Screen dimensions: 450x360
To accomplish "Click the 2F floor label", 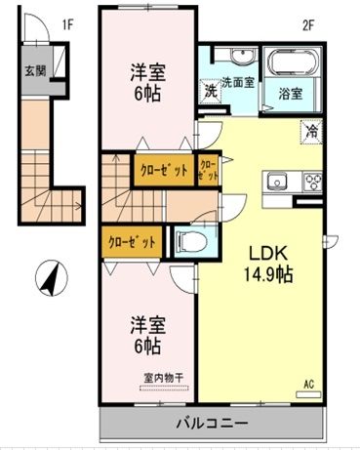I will coord(305,24).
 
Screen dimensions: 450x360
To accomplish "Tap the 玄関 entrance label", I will coord(35,71).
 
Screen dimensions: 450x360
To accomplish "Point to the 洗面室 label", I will coord(236,82).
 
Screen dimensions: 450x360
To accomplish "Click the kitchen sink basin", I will coord(276,181).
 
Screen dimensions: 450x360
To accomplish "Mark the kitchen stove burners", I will coord(314,181).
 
